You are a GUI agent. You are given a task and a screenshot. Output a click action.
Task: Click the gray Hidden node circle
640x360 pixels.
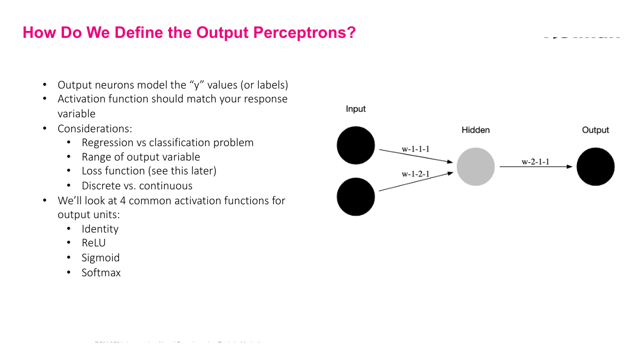475,166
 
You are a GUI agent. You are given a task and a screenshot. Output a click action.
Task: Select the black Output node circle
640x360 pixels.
595,166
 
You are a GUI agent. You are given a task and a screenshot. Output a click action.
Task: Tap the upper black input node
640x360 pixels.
356,145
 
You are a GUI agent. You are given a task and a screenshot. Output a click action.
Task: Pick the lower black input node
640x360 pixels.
356,197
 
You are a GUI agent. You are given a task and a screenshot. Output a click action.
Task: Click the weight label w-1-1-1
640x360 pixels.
415,149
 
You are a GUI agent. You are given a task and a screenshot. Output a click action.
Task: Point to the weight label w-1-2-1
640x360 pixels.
415,174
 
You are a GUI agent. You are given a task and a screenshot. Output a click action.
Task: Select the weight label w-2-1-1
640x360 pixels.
535,162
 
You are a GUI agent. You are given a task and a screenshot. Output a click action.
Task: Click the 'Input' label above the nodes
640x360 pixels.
356,109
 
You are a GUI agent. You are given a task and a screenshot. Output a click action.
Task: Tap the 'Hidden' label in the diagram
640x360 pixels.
475,130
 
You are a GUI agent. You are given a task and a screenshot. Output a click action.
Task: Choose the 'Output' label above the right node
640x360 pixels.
595,130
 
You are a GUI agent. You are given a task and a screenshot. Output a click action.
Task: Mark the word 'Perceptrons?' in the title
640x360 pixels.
305,33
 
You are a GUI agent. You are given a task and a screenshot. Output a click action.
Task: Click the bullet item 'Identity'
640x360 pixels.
100,229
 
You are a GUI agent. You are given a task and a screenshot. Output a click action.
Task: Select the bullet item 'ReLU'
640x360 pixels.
94,243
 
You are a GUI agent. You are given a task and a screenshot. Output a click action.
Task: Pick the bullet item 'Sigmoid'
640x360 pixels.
100,258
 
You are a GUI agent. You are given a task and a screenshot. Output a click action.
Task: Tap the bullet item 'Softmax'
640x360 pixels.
101,273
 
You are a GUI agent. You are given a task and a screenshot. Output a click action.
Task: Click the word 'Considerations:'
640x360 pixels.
95,129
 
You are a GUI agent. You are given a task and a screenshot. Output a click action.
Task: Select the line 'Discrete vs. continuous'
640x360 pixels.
137,186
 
